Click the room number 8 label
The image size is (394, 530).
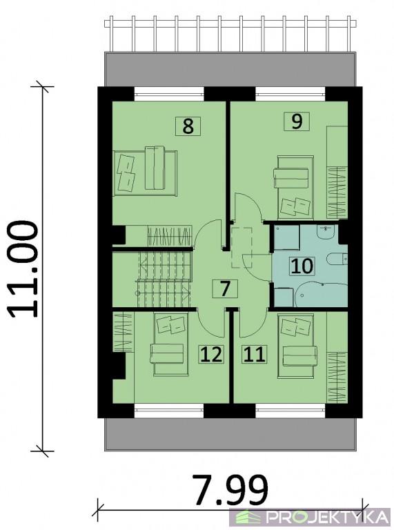tap(188, 126)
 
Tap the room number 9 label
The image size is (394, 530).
tap(296, 121)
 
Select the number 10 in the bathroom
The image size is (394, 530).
tap(302, 265)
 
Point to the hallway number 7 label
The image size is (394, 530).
tap(225, 289)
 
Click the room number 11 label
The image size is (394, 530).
tap(254, 355)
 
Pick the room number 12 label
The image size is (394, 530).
tap(211, 355)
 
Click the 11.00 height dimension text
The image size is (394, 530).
tap(23, 269)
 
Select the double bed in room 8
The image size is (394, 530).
tap(145, 173)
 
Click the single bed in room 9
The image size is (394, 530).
tap(295, 187)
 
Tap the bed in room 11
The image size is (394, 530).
tap(296, 346)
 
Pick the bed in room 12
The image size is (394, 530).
tap(171, 344)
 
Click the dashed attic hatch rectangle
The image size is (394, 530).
tap(242, 248)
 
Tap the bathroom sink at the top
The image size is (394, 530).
tap(326, 232)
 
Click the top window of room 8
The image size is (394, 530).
tap(169, 95)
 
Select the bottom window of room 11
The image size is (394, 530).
tap(290, 411)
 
